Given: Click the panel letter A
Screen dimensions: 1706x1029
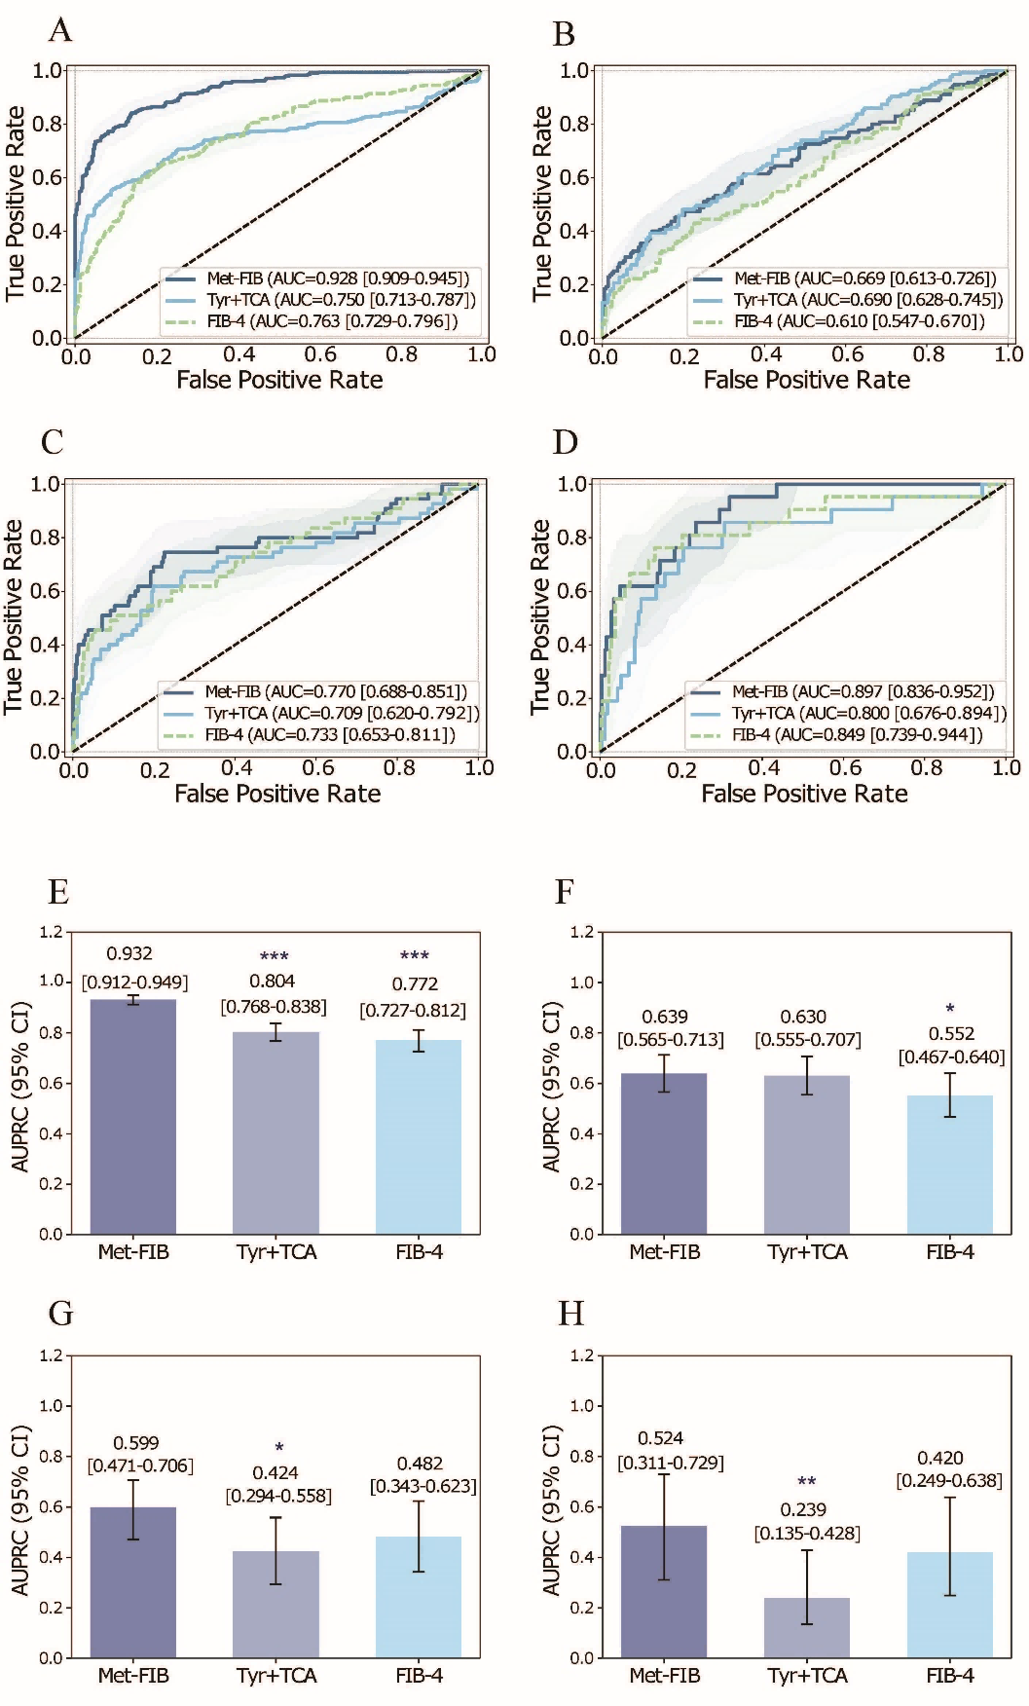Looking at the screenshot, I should point(60,31).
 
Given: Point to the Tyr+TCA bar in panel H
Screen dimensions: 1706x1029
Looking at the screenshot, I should point(807,1627).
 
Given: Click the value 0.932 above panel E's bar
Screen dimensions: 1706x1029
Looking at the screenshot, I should point(129,953).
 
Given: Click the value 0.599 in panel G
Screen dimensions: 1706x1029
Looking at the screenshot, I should point(136,1443).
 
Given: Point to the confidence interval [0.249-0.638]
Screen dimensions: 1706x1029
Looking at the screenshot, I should point(949,1481).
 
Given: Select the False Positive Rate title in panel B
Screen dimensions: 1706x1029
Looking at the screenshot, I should point(807,380).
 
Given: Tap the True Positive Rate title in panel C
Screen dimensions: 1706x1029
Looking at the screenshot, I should point(14,616).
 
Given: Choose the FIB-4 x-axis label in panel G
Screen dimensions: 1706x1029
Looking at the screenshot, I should point(419,1675).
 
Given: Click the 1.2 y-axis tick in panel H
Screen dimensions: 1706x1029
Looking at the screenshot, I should point(581,1355).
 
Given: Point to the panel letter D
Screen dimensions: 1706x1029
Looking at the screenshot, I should point(566,443).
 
